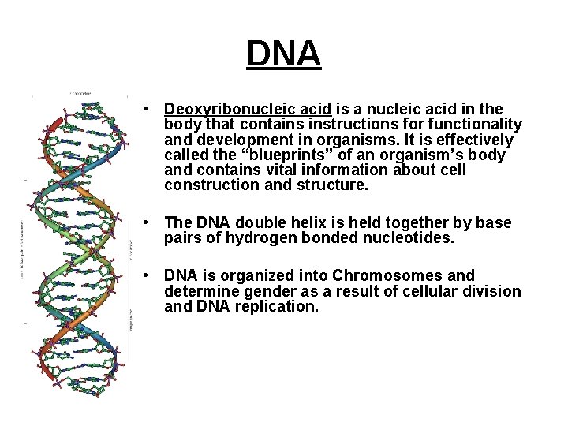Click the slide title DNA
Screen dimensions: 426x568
[x=283, y=54]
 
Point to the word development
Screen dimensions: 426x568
[x=240, y=140]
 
